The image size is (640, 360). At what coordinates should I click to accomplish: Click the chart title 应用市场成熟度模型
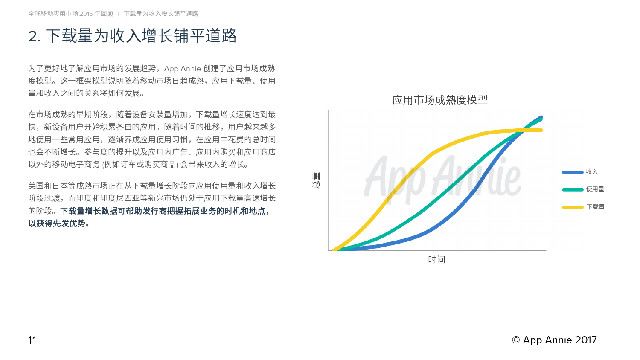[440, 100]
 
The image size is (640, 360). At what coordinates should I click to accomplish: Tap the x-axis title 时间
[436, 259]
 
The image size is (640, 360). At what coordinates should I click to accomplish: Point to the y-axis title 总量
[316, 180]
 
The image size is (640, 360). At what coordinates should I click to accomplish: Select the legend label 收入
[591, 172]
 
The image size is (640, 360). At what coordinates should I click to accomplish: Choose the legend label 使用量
[595, 189]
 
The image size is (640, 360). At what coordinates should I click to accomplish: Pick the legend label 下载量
[595, 207]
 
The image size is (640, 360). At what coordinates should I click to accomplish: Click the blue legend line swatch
[573, 172]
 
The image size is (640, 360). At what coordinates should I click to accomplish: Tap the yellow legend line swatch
[573, 207]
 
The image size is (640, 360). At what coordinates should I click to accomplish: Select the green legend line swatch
[573, 190]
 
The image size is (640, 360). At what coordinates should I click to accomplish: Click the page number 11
[32, 340]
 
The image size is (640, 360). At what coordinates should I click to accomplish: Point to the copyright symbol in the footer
[516, 340]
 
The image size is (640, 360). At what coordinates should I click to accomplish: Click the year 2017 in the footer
[586, 340]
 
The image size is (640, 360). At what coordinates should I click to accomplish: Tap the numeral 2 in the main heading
[33, 37]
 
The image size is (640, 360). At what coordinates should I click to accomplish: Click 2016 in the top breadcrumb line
[86, 14]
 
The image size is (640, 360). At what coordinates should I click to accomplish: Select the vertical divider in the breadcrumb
[118, 14]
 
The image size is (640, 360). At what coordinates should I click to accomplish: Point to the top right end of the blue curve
[541, 117]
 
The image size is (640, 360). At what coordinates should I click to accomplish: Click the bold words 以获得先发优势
[57, 224]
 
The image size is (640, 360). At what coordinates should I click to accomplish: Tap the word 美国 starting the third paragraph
[36, 186]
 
